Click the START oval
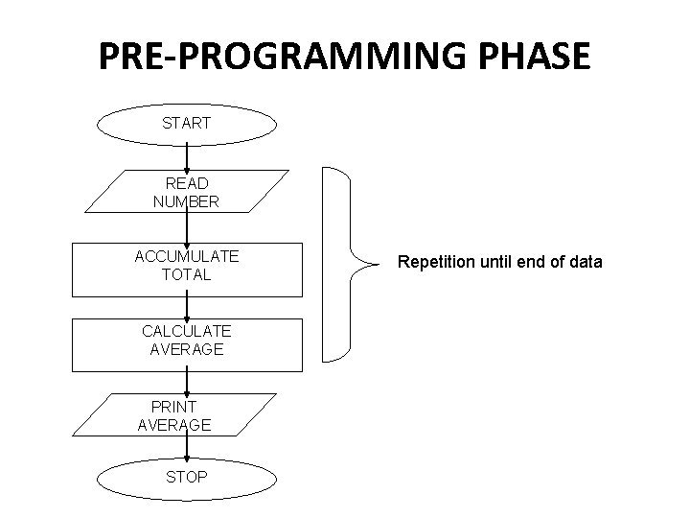(187, 124)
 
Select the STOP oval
(187, 477)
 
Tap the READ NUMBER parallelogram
(187, 192)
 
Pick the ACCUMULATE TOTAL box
(187, 266)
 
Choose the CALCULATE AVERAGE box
(187, 341)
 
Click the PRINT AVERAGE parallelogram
(174, 415)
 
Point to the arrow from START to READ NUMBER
(187, 157)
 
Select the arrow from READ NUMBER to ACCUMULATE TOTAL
(187, 228)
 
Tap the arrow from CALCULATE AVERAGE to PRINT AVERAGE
(187, 382)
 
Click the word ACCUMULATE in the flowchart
(187, 256)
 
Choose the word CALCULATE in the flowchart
(187, 331)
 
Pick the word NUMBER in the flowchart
(186, 201)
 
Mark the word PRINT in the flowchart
(173, 406)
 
